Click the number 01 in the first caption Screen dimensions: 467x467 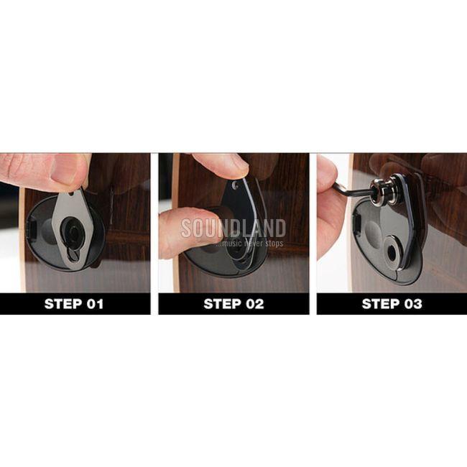pyautogui.click(x=95, y=304)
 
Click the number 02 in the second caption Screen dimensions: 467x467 pyautogui.click(x=254, y=304)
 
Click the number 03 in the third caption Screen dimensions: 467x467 pyautogui.click(x=413, y=304)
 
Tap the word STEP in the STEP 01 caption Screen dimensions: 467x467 pyautogui.click(x=63, y=304)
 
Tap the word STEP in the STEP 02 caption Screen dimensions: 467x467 pyautogui.click(x=222, y=304)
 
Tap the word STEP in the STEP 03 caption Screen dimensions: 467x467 pyautogui.click(x=380, y=304)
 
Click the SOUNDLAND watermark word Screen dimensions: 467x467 pyautogui.click(x=233, y=228)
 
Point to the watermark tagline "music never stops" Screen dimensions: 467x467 pyautogui.click(x=249, y=244)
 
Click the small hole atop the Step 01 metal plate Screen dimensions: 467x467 pyautogui.click(x=71, y=193)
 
